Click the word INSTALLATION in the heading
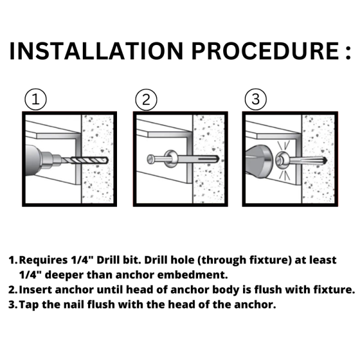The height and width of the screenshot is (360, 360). click(97, 51)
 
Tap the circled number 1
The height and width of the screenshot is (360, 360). click(35, 100)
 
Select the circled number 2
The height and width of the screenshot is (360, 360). click(146, 100)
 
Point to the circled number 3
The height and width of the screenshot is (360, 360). click(256, 100)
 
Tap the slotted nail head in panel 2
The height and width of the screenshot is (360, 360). click(151, 159)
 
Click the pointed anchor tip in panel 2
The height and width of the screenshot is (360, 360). click(215, 159)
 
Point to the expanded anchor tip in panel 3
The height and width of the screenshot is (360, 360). click(324, 160)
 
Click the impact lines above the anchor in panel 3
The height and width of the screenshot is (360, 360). click(283, 145)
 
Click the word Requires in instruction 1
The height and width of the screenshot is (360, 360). click(43, 260)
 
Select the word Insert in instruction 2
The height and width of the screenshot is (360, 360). click(35, 290)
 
